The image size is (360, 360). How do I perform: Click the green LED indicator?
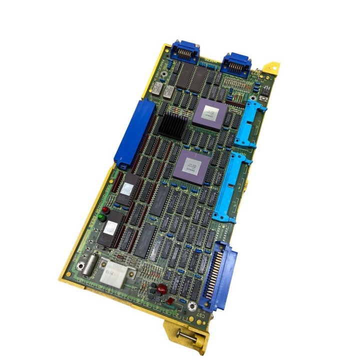click(101, 217)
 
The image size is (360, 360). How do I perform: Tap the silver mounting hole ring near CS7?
click(191, 306)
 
